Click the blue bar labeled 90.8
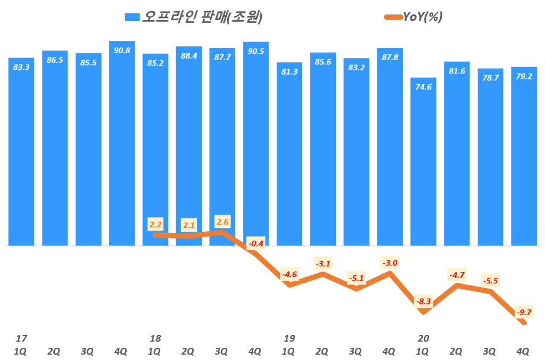122,144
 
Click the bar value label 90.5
256,52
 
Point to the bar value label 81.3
290,72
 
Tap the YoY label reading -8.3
424,302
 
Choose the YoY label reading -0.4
256,244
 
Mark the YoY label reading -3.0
389,263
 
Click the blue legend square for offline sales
132,17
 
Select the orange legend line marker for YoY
391,17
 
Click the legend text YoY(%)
423,17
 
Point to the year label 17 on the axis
21,338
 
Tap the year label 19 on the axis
290,338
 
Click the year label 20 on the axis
424,338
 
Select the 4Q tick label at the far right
524,351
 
